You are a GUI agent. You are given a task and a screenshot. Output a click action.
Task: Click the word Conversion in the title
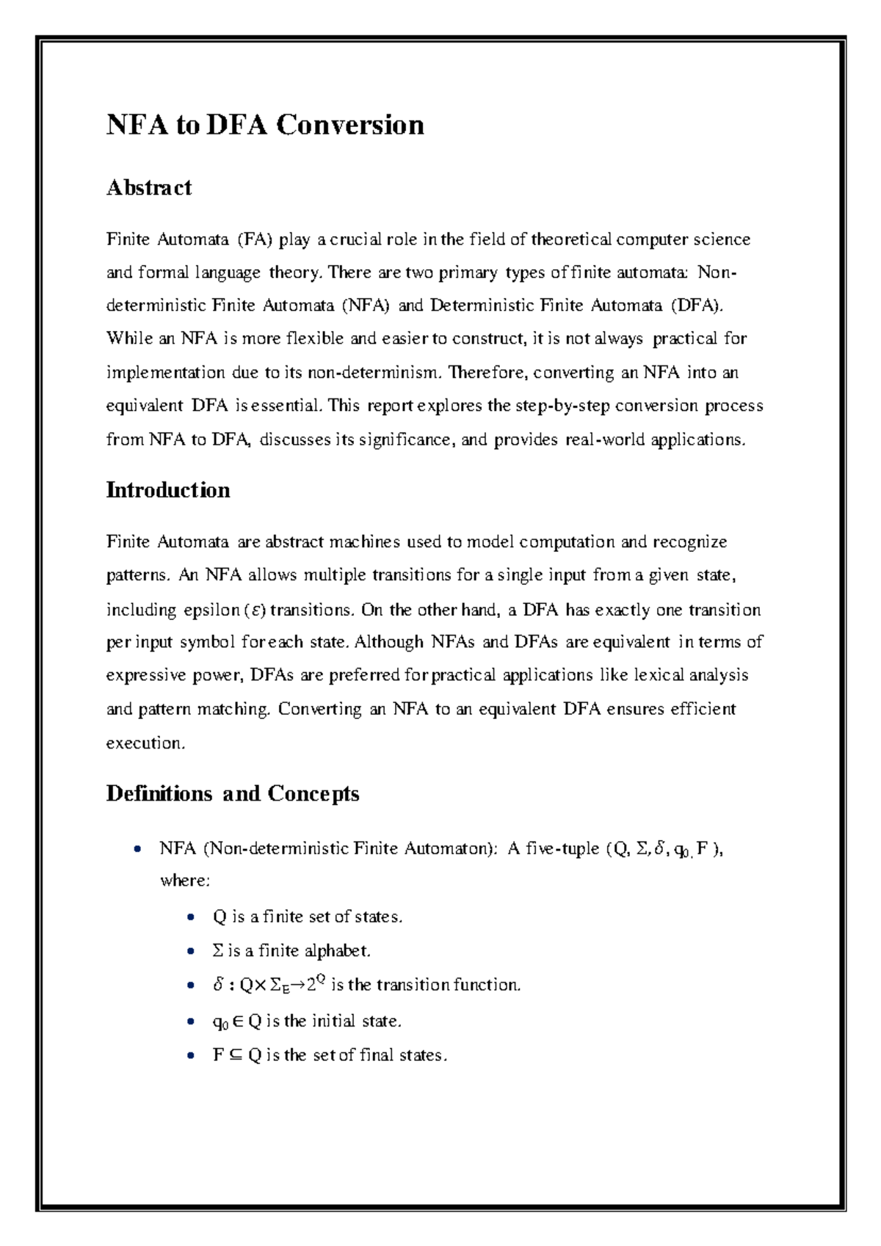350,125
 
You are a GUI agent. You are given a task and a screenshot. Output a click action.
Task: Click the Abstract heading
148,188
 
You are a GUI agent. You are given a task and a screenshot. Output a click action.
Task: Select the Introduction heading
167,490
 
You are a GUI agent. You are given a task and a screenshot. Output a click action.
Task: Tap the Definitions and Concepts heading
232,793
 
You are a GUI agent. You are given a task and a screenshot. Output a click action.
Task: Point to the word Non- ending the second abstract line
717,273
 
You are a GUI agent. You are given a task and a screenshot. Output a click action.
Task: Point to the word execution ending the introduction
145,743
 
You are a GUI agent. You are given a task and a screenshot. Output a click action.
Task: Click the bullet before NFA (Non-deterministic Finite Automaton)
137,850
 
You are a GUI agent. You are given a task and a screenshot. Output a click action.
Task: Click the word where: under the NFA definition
185,880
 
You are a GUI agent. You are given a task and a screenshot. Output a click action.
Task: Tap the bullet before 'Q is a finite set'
191,917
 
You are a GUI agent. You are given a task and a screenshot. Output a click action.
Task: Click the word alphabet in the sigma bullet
337,951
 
